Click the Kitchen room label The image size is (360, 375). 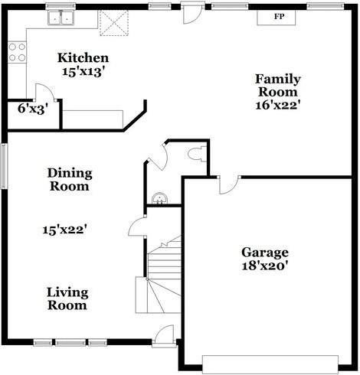pyautogui.click(x=83, y=58)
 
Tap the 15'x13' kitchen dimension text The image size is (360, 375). pyautogui.click(x=83, y=72)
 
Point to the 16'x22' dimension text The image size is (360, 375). pyautogui.click(x=277, y=106)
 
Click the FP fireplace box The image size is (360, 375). pyautogui.click(x=278, y=15)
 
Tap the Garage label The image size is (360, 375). pyautogui.click(x=265, y=253)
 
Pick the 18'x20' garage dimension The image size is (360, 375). pyautogui.click(x=265, y=266)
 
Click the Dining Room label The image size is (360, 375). pyautogui.click(x=69, y=179)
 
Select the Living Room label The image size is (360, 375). pyautogui.click(x=67, y=298)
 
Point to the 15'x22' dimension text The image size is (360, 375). pyautogui.click(x=69, y=229)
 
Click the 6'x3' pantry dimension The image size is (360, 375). pyautogui.click(x=33, y=109)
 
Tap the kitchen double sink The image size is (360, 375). pyautogui.click(x=61, y=18)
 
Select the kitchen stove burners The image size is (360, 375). pyautogui.click(x=16, y=52)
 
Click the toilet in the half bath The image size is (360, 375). pyautogui.click(x=196, y=154)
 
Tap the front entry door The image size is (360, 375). pyautogui.click(x=165, y=334)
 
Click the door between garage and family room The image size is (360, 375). pyautogui.click(x=228, y=184)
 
